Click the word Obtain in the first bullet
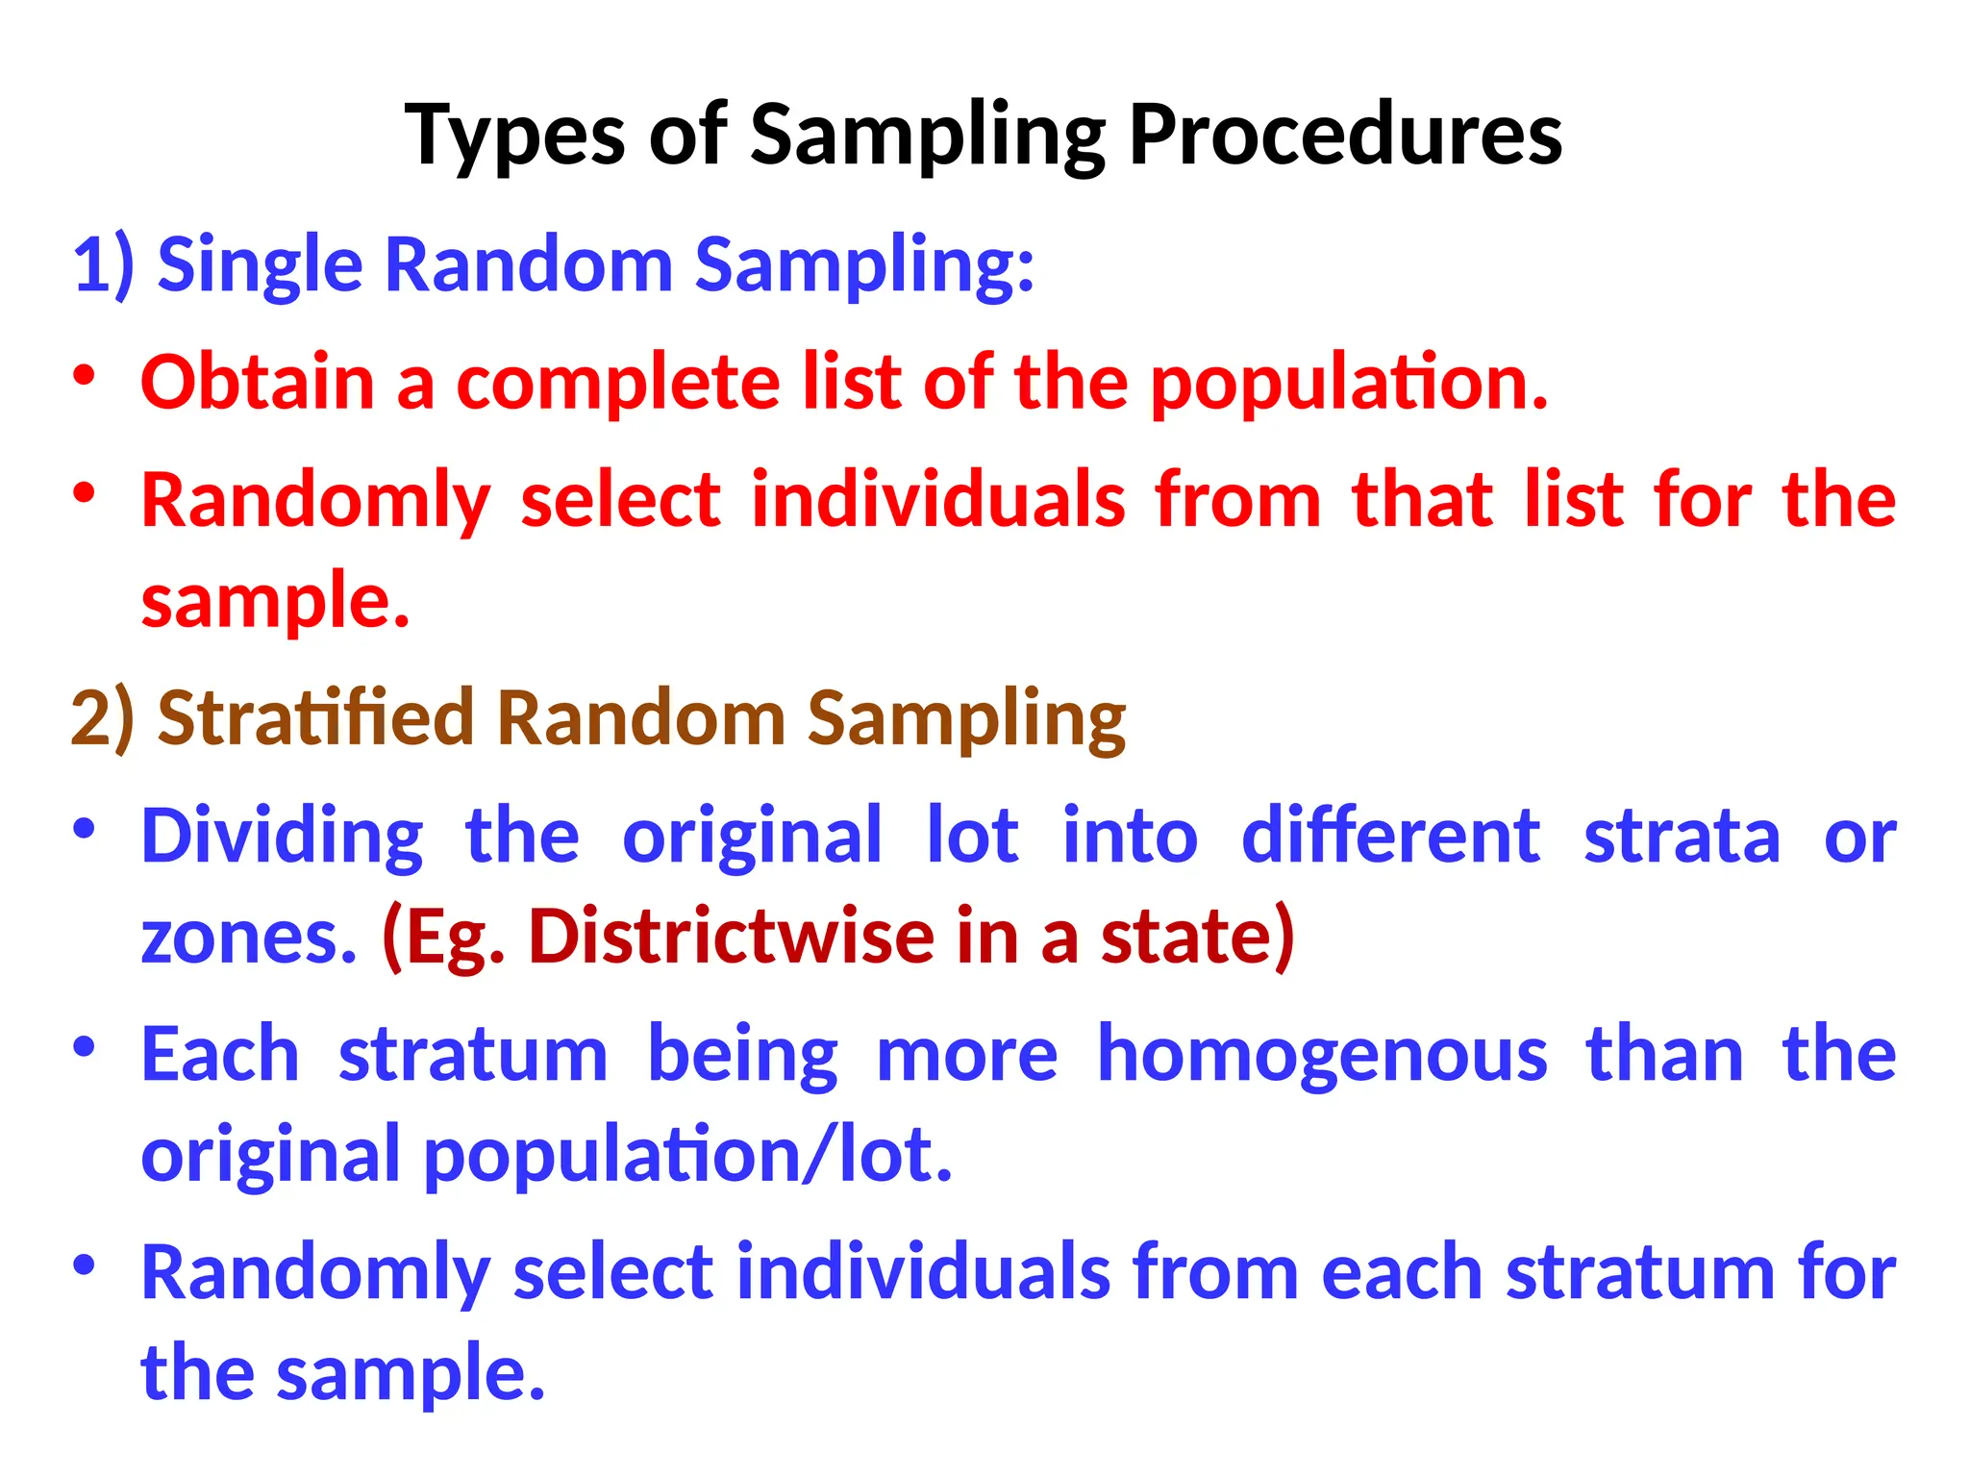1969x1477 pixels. (257, 382)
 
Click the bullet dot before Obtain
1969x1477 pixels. (85, 376)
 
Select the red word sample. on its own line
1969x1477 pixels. (275, 601)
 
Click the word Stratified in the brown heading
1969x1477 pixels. (315, 717)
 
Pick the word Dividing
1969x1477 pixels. (282, 837)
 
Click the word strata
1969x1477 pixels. (1682, 837)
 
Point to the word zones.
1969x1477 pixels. (249, 938)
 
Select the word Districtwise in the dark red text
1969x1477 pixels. (731, 936)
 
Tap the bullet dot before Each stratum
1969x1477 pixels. (85, 1046)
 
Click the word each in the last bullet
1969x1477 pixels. (1403, 1272)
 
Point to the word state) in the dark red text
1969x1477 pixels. (1198, 936)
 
